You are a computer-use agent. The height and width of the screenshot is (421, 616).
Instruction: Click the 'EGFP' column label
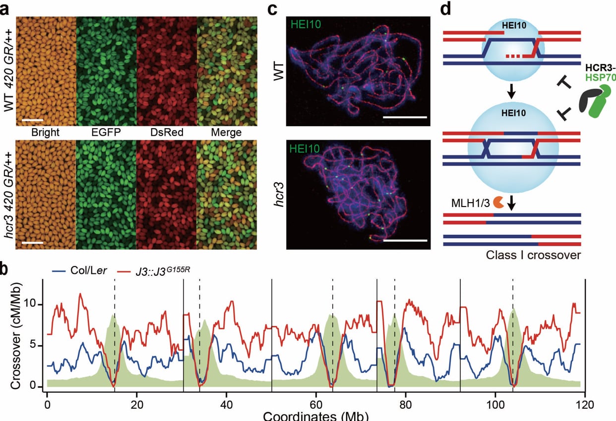coord(106,133)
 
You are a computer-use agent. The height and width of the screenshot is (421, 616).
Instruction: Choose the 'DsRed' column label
coord(166,133)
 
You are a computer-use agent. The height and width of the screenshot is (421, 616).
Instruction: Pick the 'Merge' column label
coord(226,133)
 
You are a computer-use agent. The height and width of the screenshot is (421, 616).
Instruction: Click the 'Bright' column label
coord(45,133)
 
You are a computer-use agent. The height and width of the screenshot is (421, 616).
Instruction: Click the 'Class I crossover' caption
coord(533,256)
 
